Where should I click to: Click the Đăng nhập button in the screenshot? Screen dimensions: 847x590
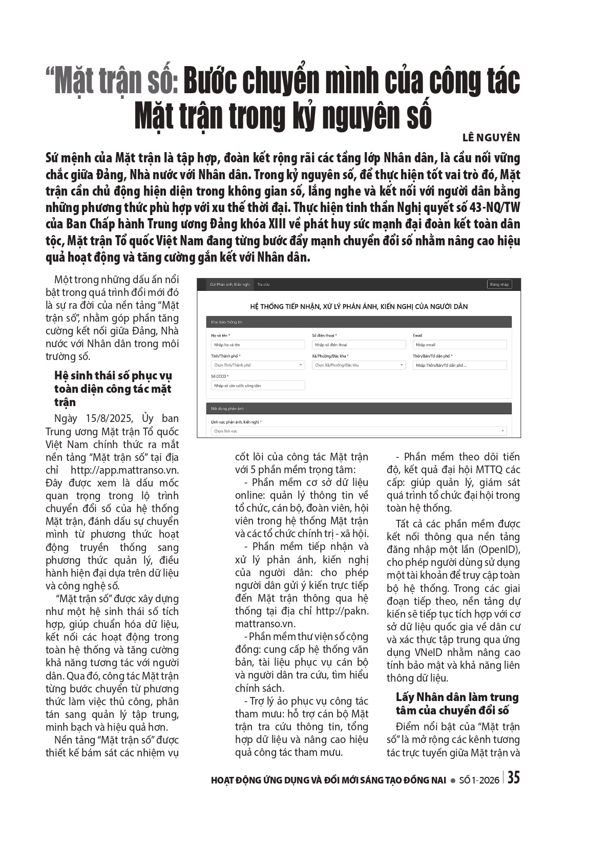coord(499,284)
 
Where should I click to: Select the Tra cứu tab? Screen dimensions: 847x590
coord(263,284)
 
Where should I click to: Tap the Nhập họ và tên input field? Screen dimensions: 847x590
coord(258,345)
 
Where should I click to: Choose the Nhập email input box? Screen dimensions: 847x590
coord(459,345)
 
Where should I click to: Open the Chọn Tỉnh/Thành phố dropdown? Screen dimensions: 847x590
coord(258,365)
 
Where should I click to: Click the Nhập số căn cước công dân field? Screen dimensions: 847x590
coord(258,385)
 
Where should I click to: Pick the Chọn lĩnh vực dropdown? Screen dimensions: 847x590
coord(359,431)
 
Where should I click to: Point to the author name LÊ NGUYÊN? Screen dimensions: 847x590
coord(491,137)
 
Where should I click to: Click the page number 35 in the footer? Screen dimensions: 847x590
coord(513,777)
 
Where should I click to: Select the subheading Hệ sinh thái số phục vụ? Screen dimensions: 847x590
coord(113,375)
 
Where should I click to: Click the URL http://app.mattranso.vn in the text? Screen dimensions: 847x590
coord(125,470)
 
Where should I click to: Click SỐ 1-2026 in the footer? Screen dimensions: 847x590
coord(479,780)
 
